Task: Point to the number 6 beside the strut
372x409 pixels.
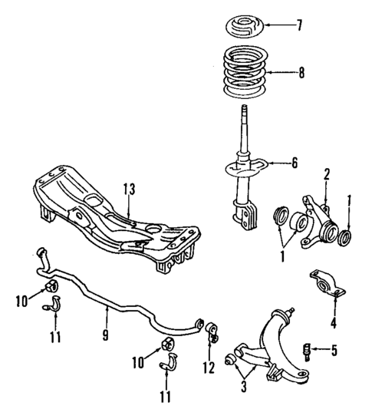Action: pyautogui.click(x=294, y=163)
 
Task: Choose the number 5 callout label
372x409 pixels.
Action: pyautogui.click(x=333, y=351)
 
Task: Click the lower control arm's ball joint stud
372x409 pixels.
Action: pyautogui.click(x=292, y=312)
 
